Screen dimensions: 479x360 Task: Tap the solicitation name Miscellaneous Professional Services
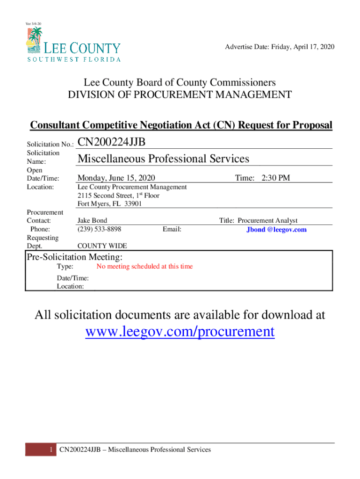pos(163,159)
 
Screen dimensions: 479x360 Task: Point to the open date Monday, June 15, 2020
pos(116,178)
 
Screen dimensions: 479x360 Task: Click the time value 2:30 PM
pos(276,178)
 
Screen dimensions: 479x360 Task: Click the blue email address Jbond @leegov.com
pos(276,230)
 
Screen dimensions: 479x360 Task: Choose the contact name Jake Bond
pos(92,220)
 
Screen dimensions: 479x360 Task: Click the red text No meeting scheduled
pos(144,267)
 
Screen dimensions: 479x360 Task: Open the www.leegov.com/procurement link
pos(180,332)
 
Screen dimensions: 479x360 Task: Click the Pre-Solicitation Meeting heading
pos(75,257)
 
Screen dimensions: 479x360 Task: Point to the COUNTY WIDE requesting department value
pos(102,246)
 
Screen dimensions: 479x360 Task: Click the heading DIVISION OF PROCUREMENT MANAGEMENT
pos(180,95)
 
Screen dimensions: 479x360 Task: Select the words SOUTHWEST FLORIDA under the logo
pos(73,59)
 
